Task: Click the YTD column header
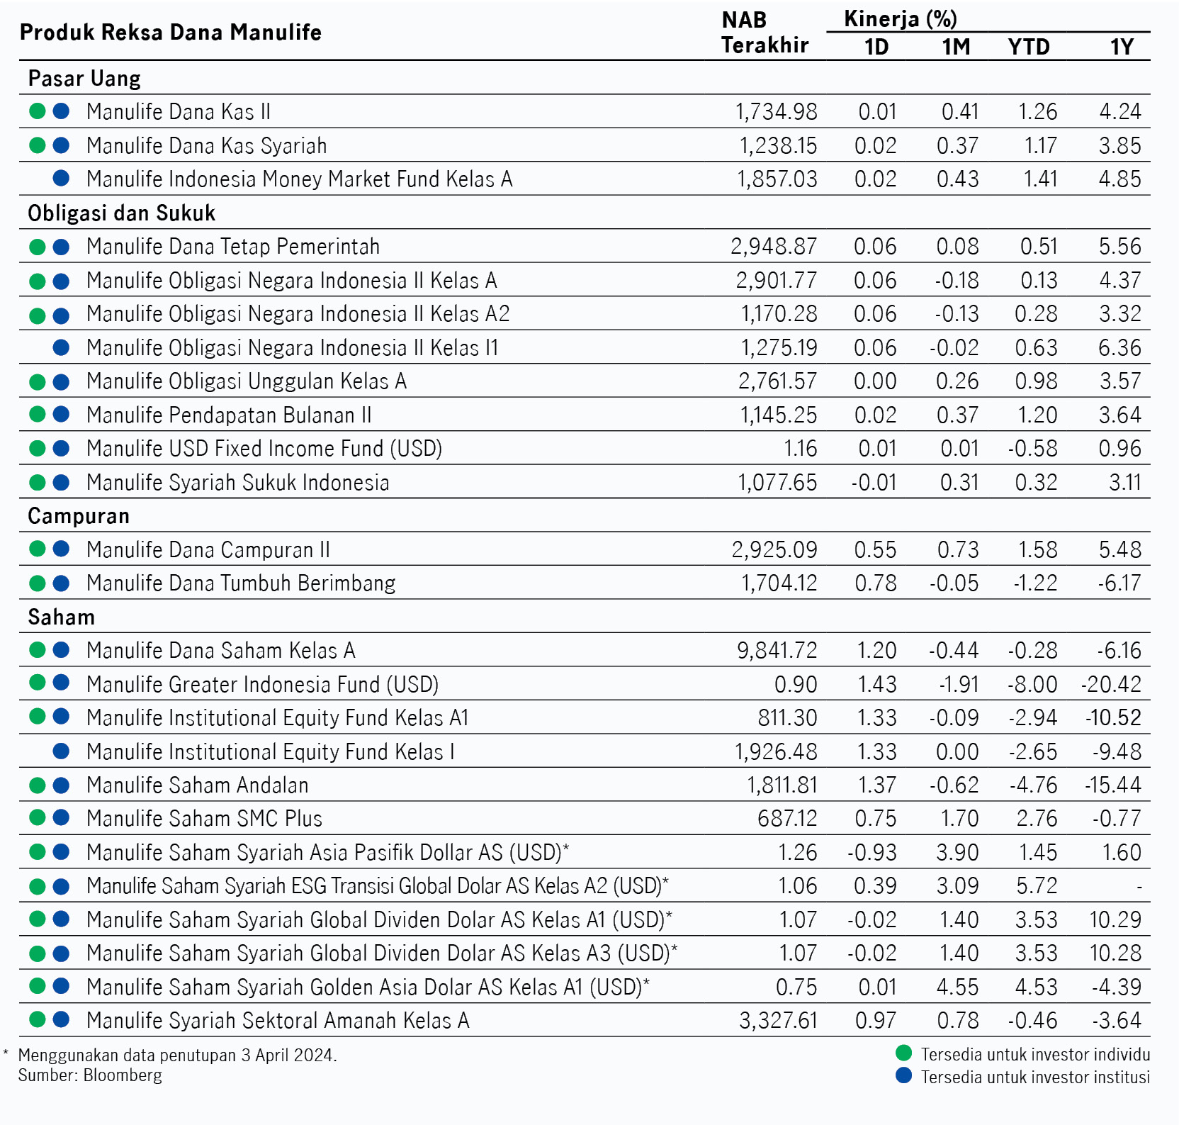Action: click(x=1029, y=47)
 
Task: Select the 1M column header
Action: click(x=956, y=47)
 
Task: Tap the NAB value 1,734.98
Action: click(x=777, y=112)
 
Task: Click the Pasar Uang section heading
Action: click(x=84, y=78)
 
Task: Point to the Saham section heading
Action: click(x=62, y=617)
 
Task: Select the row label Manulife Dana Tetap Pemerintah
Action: click(x=233, y=247)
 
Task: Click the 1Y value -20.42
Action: click(x=1112, y=685)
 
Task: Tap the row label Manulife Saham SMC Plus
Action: click(x=204, y=819)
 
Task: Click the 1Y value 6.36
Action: click(x=1120, y=348)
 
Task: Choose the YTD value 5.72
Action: click(x=1037, y=886)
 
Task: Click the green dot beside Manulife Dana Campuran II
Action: click(x=38, y=549)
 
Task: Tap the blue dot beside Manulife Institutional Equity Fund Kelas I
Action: click(x=62, y=751)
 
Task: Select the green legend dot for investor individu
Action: click(x=904, y=1053)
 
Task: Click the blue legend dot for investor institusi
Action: click(x=904, y=1075)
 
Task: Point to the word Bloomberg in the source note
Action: click(x=123, y=1076)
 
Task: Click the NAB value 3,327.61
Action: click(x=779, y=1021)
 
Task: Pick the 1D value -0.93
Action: click(x=872, y=853)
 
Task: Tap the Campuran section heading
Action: click(x=79, y=516)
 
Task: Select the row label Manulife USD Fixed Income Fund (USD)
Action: click(x=264, y=449)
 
